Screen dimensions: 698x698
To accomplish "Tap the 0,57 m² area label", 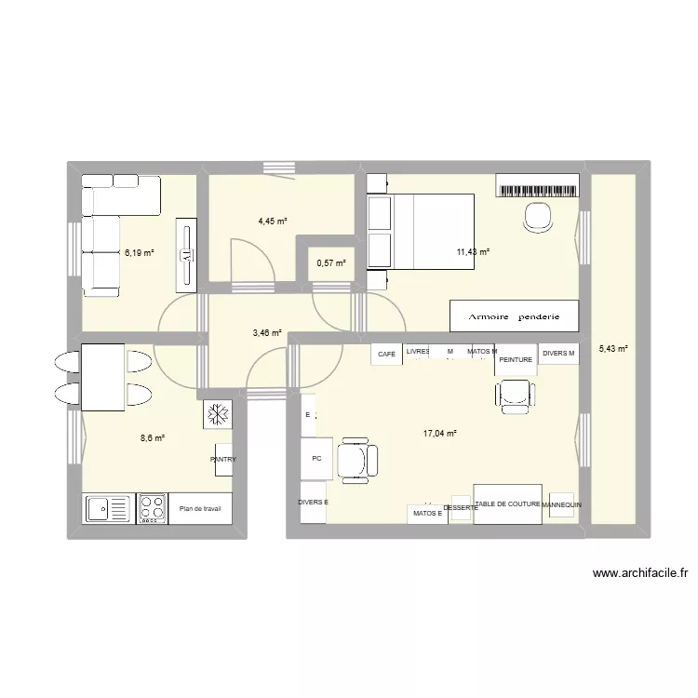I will (x=330, y=263).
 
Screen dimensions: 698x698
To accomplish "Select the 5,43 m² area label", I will (x=612, y=349).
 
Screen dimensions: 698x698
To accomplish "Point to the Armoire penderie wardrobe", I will (x=514, y=316).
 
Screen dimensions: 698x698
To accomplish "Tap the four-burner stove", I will (x=152, y=508).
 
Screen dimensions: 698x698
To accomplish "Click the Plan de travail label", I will (x=199, y=509).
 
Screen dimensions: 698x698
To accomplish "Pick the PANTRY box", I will (x=222, y=459).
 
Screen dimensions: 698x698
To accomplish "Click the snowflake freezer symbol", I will (x=217, y=415).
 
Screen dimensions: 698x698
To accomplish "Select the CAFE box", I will (x=386, y=354).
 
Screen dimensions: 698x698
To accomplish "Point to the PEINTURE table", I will (x=515, y=359).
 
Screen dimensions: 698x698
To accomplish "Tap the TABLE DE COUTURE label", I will (x=507, y=503).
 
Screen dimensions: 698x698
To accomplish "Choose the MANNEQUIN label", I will (x=561, y=505).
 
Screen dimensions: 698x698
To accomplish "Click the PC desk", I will (x=316, y=458).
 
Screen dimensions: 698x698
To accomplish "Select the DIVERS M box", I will (x=558, y=354).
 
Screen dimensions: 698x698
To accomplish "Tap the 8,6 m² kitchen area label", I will (x=153, y=438).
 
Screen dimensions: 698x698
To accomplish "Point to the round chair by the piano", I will (x=537, y=217).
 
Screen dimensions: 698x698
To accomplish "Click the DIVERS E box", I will (x=313, y=503).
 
